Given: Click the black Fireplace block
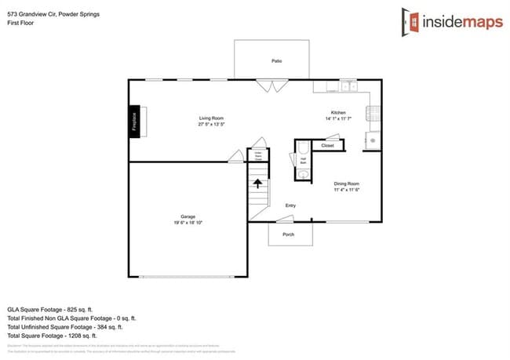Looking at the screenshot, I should coord(134,122).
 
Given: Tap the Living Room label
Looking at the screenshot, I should coord(212,118).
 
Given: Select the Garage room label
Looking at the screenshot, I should coord(188,216).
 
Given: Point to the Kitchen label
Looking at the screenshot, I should coord(337,113).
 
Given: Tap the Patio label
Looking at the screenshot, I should coord(276,60).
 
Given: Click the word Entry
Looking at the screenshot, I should coord(290,205).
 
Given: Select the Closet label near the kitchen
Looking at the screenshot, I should coord(327,146).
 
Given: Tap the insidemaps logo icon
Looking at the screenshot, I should coord(410,20).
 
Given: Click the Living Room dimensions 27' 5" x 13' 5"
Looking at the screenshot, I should coord(212,125).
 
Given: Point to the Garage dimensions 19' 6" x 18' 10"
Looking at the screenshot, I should coord(188,223).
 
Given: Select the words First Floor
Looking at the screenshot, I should coord(20,22).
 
